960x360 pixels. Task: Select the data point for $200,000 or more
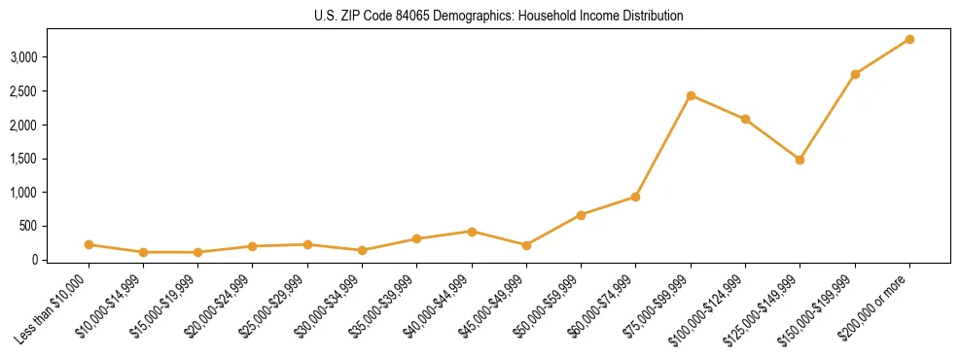(909, 39)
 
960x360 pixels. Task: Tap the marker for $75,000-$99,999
(691, 95)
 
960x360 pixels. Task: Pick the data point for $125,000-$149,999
(800, 160)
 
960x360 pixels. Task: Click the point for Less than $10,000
(89, 244)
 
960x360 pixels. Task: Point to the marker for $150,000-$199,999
(855, 74)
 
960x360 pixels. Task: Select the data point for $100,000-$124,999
(745, 119)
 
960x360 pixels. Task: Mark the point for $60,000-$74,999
(635, 197)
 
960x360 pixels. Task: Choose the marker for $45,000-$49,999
(526, 245)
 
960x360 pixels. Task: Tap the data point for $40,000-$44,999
(472, 232)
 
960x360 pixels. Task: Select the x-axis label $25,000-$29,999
(272, 309)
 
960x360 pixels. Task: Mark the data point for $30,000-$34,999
(362, 250)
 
